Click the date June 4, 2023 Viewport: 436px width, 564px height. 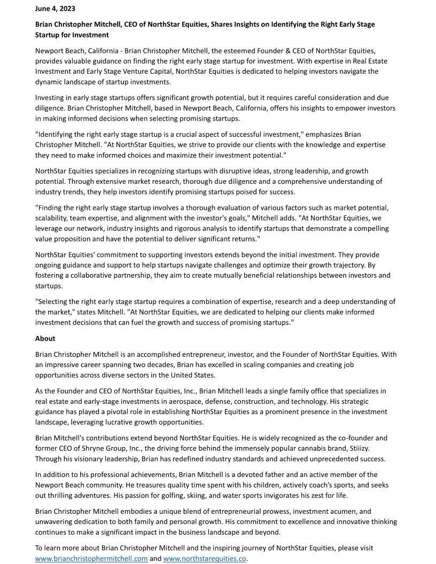point(55,9)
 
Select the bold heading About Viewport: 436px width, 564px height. point(45,338)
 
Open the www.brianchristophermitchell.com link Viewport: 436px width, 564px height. point(91,559)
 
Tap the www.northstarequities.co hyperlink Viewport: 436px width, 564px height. point(205,559)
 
